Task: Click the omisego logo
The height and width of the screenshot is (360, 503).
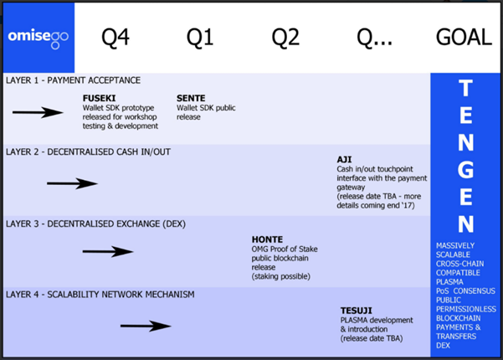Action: point(38,37)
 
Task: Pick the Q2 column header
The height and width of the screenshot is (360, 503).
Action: point(286,38)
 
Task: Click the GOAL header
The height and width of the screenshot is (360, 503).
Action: point(465,38)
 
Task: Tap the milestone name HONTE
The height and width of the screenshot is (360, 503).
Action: point(267,239)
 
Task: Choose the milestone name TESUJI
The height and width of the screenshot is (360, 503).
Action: point(357,310)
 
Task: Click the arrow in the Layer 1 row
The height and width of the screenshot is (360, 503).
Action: point(38,112)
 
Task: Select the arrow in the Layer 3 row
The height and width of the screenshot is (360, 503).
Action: point(108,251)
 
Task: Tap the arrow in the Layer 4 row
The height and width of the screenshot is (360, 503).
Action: point(146,325)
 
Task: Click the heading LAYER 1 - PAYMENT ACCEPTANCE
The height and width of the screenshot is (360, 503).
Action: point(73,80)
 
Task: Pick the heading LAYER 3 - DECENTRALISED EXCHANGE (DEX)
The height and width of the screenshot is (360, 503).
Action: point(95,224)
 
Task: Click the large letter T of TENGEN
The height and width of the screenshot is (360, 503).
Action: point(466,89)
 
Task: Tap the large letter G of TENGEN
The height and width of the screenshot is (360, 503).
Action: point(466,170)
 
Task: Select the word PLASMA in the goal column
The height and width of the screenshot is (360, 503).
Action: point(450,281)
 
